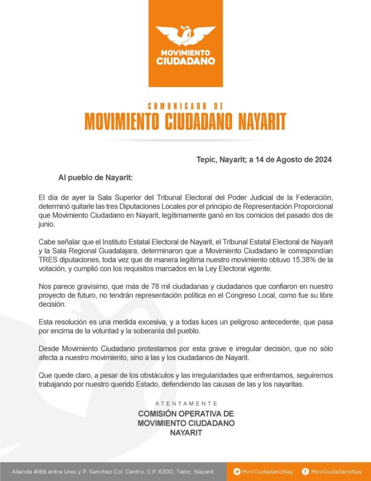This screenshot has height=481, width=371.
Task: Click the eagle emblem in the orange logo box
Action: coord(185,35)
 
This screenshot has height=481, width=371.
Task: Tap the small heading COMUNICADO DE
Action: coord(185,106)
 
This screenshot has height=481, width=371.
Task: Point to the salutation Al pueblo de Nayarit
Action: coord(95,177)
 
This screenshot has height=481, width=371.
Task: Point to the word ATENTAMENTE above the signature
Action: coord(186,403)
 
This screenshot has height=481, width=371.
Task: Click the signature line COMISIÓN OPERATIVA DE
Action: coord(185,413)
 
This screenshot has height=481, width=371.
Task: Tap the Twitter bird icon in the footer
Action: coord(237,472)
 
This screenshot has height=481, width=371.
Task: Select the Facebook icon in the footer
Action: coord(305,472)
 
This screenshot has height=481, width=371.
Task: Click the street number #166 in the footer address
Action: coord(43,472)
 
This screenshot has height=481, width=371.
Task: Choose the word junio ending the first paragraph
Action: coord(48,224)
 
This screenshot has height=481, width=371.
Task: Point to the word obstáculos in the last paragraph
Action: coord(135,374)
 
